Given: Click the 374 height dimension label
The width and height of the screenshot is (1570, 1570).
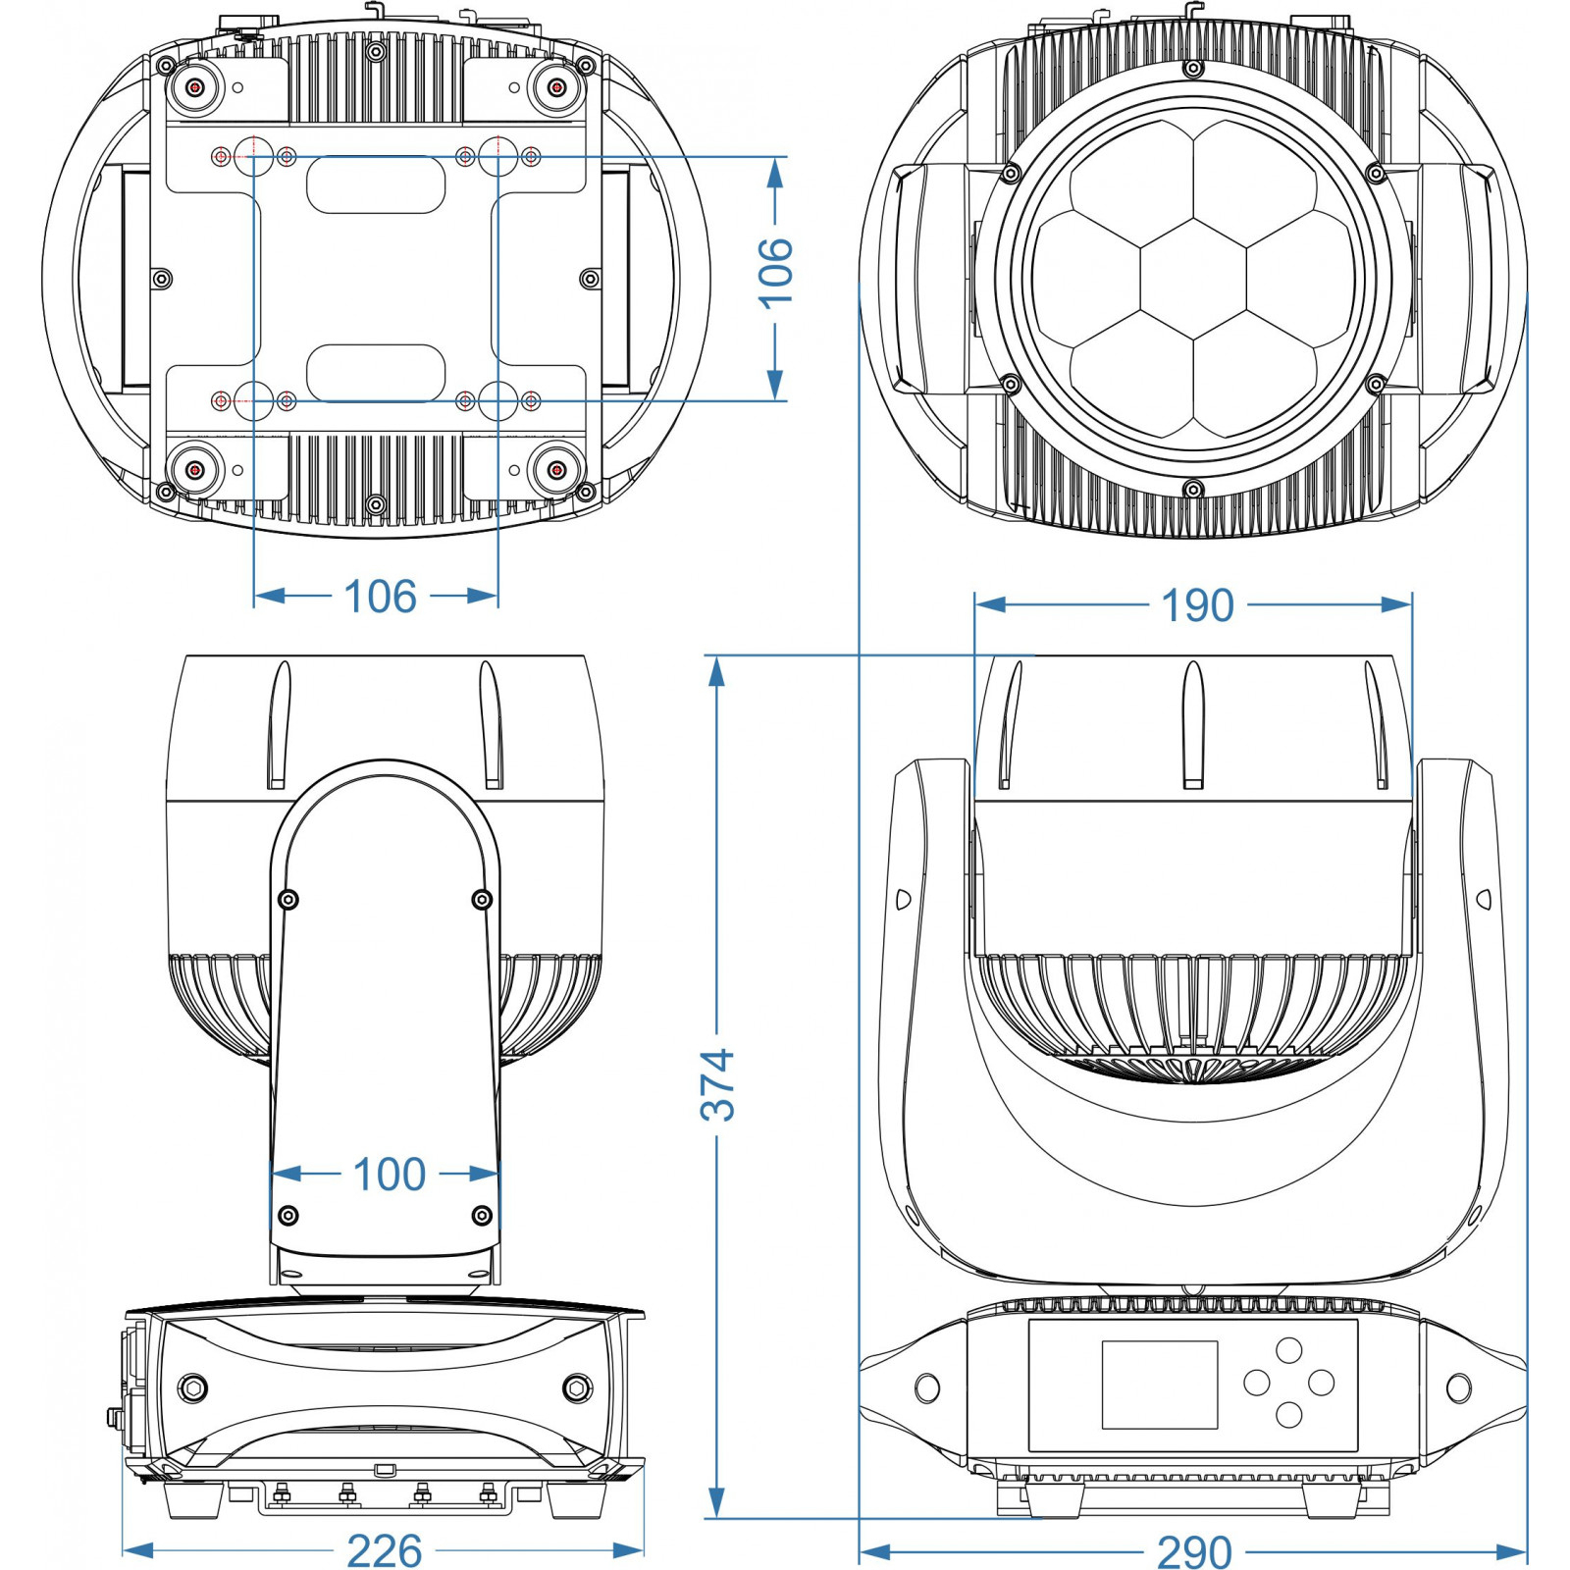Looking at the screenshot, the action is pyautogui.click(x=718, y=1084).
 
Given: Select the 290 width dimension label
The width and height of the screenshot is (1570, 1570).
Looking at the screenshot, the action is pyautogui.click(x=1194, y=1551).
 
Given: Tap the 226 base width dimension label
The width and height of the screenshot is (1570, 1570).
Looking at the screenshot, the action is pyautogui.click(x=385, y=1550).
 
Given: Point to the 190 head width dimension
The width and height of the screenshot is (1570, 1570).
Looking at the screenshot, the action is pyautogui.click(x=1197, y=605).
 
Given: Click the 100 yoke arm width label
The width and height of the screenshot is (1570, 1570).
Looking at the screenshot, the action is pyautogui.click(x=389, y=1174).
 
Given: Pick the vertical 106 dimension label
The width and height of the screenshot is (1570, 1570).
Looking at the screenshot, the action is pyautogui.click(x=775, y=273).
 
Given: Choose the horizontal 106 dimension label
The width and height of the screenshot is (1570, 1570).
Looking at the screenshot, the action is pyautogui.click(x=381, y=596).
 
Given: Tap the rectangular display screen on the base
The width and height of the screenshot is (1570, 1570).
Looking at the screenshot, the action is pyautogui.click(x=1160, y=1385).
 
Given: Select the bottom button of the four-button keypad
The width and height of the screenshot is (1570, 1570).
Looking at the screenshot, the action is pyautogui.click(x=1288, y=1414).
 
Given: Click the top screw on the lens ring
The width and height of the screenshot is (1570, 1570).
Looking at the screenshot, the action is pyautogui.click(x=1193, y=69).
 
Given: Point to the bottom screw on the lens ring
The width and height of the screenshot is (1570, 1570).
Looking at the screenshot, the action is pyautogui.click(x=1193, y=489).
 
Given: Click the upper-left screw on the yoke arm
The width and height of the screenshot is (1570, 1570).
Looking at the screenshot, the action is pyautogui.click(x=288, y=900).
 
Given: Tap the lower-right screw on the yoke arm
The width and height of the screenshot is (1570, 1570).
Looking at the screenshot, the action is pyautogui.click(x=482, y=1216).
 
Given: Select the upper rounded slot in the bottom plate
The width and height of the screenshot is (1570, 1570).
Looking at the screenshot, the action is pyautogui.click(x=377, y=184).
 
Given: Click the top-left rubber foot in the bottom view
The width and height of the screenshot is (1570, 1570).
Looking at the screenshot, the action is pyautogui.click(x=195, y=88).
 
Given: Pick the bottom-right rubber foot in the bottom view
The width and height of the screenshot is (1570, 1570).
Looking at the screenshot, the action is pyautogui.click(x=556, y=470).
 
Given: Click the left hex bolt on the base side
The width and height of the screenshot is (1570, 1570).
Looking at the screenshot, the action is pyautogui.click(x=192, y=1387).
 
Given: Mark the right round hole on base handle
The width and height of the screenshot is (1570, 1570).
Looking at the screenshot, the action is pyautogui.click(x=1459, y=1387).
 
